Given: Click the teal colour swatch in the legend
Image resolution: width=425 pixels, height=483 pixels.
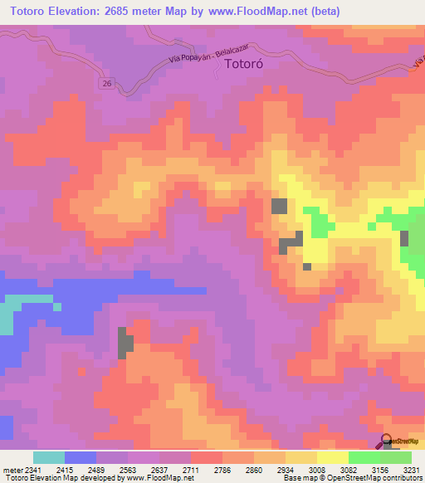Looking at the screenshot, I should click(x=49, y=457).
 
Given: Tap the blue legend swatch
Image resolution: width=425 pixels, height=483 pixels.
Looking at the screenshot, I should click(x=81, y=457).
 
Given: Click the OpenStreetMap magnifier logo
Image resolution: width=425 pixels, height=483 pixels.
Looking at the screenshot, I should click(x=385, y=442).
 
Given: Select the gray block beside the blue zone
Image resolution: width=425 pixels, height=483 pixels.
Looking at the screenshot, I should click(x=125, y=343).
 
